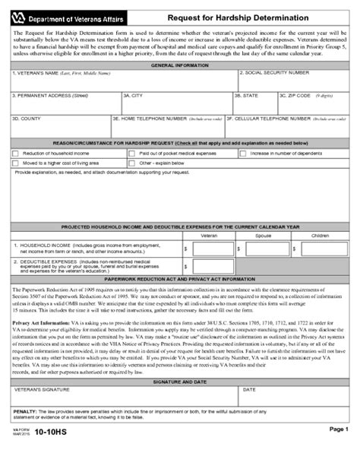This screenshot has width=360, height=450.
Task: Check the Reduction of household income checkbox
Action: click(16, 154)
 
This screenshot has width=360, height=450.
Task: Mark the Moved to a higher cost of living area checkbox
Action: click(16, 163)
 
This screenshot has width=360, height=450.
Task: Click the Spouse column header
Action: click(263, 236)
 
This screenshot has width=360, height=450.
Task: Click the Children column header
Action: click(321, 236)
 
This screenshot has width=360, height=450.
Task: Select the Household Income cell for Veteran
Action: click(210, 249)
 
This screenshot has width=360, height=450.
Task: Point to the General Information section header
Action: click(181, 66)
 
